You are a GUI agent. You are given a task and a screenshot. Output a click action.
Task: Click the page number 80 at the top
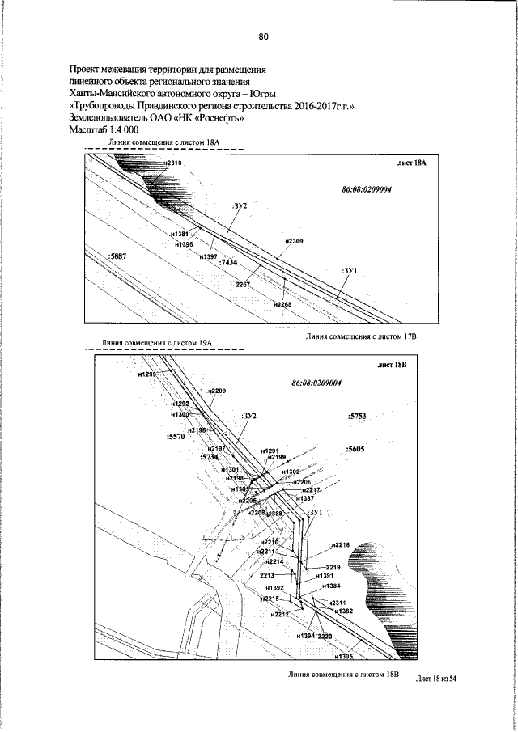(263, 36)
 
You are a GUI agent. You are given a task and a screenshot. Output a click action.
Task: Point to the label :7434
(227, 264)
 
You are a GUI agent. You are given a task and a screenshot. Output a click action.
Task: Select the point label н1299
(148, 375)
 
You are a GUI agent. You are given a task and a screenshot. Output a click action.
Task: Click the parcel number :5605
(355, 447)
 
